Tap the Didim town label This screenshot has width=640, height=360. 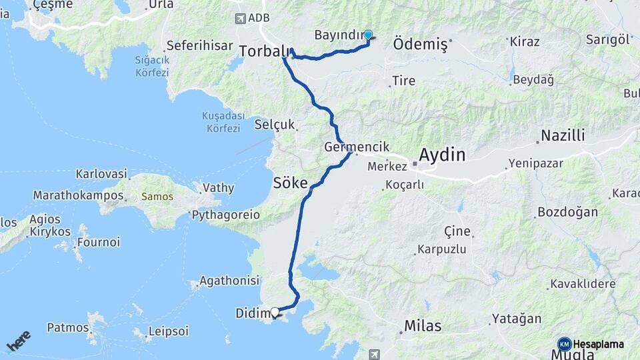[251, 313]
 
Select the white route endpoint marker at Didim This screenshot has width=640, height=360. [275, 311]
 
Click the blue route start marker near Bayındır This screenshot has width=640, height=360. [368, 35]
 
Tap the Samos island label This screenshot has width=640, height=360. [157, 197]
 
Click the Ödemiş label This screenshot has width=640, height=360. [420, 44]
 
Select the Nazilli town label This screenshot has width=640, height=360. [563, 136]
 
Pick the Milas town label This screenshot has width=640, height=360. [423, 326]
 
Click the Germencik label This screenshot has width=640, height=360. [356, 147]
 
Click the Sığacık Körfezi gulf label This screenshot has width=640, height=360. [151, 65]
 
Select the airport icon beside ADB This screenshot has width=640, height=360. [239, 18]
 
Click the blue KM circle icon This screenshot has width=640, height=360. [564, 344]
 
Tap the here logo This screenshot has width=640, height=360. [18, 341]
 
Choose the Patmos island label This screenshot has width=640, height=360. [67, 327]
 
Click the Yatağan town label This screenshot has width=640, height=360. [517, 319]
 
